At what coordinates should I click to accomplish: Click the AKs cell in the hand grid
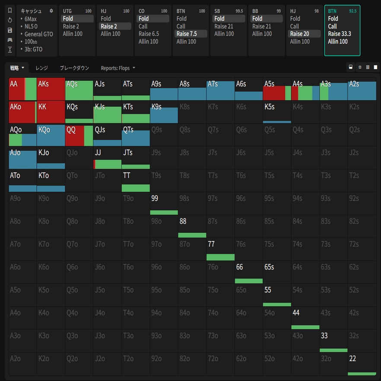(51, 89)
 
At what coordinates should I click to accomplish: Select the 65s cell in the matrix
(277, 272)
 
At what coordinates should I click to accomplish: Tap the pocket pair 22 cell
(362, 364)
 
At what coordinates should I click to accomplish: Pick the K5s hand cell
(277, 112)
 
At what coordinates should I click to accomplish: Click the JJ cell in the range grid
(108, 158)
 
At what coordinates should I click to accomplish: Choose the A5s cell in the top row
(277, 89)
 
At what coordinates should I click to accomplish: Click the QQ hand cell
(79, 135)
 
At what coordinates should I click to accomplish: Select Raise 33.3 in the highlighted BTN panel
(339, 34)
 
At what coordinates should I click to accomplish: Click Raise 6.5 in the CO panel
(149, 34)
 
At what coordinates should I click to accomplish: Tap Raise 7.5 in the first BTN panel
(187, 34)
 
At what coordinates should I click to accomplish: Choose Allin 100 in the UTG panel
(73, 34)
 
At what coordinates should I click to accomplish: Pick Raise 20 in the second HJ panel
(299, 34)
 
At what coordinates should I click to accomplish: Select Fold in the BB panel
(257, 19)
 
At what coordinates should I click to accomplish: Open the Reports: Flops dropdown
(117, 68)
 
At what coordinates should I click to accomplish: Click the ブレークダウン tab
(74, 68)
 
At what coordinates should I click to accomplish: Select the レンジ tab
(42, 68)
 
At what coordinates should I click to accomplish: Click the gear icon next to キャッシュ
(51, 11)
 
